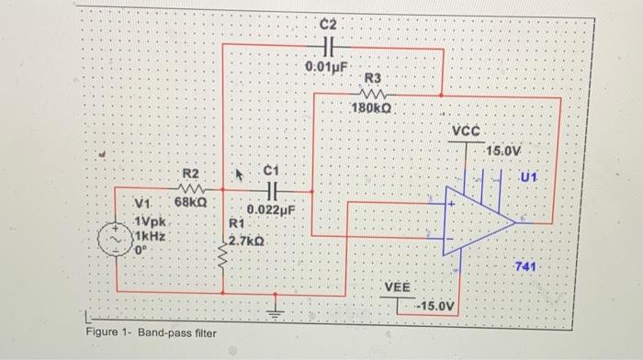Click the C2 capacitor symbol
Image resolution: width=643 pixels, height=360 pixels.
tap(332, 49)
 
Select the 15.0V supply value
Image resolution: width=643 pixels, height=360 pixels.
tap(504, 150)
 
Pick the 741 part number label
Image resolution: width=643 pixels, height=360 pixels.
tap(525, 266)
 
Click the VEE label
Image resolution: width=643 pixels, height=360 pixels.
tap(397, 287)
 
